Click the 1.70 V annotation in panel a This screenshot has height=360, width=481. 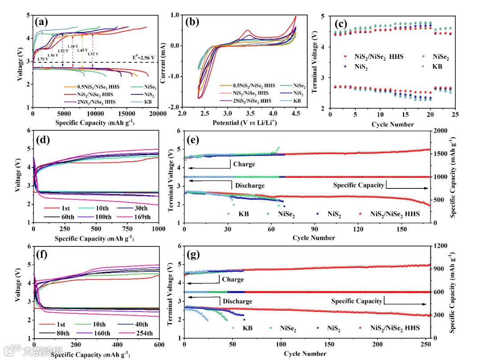pyautogui.click(x=43, y=59)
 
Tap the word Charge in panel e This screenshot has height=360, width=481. pyautogui.click(x=244, y=164)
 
